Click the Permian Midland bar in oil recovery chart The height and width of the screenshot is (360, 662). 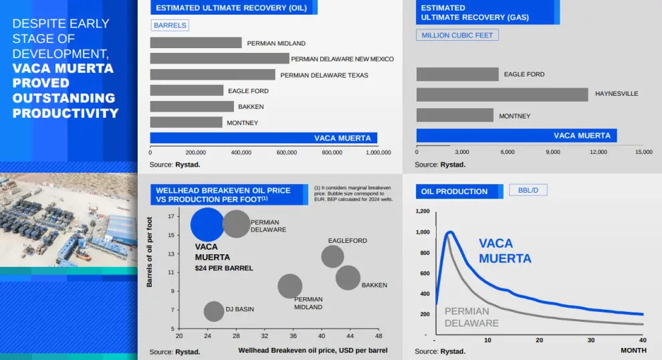click(195, 43)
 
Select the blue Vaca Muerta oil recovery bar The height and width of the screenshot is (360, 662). click(263, 138)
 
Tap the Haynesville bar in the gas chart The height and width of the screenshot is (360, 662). click(502, 94)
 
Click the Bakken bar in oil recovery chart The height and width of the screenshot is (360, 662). click(192, 106)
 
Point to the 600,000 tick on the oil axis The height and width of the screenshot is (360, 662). click(286, 153)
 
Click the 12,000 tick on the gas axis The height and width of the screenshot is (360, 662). click(598, 153)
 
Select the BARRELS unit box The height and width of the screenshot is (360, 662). click(170, 25)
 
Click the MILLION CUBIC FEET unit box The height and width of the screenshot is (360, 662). click(457, 35)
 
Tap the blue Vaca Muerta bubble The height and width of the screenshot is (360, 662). click(207, 224)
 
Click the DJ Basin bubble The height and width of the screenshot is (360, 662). click(213, 311)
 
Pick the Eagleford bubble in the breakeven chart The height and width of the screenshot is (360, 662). click(332, 256)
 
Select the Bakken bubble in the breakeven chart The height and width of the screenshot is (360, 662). click(348, 277)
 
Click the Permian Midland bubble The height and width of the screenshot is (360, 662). click(290, 286)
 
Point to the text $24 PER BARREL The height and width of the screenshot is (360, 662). click(224, 268)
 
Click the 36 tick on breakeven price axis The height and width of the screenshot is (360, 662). click(293, 335)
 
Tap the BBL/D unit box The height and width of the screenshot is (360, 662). click(528, 190)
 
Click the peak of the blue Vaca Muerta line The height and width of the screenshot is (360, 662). click(449, 232)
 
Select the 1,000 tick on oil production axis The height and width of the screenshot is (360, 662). click(422, 232)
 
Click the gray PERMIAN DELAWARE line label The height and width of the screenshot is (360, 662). click(471, 317)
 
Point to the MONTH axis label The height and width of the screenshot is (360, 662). click(633, 351)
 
